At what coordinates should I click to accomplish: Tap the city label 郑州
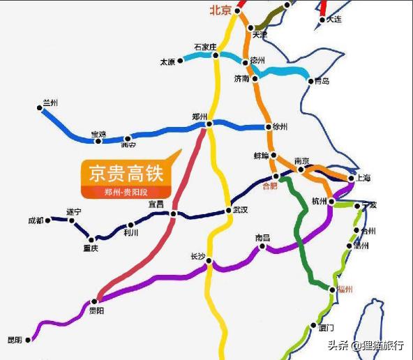pyautogui.click(x=200, y=117)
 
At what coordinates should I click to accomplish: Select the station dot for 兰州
pyautogui.click(x=40, y=107)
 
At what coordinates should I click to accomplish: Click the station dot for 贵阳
pyautogui.click(x=93, y=301)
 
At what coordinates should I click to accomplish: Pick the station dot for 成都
pyautogui.click(x=49, y=220)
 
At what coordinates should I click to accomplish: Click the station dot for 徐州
pyautogui.click(x=268, y=127)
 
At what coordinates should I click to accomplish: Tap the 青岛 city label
pyautogui.click(x=322, y=82)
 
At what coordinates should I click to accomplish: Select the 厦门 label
pyautogui.click(x=326, y=327)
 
